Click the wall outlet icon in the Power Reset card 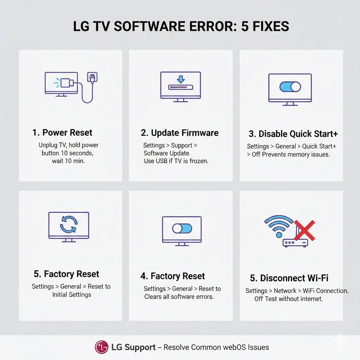[92, 77]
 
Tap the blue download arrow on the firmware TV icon [181, 79]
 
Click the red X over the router [304, 230]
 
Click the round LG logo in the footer [101, 347]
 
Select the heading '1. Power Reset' [62, 133]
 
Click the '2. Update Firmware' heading [180, 133]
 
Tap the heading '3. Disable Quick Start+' [293, 134]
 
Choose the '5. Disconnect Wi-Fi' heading [289, 278]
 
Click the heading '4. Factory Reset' [173, 276]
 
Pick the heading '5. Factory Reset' [66, 274]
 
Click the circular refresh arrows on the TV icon [69, 224]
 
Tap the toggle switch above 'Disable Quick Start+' [290, 87]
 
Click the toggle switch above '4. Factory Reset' [182, 229]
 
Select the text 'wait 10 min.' [69, 161]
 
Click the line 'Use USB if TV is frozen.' [176, 161]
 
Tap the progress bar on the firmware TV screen [181, 87]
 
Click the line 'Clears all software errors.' [179, 297]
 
